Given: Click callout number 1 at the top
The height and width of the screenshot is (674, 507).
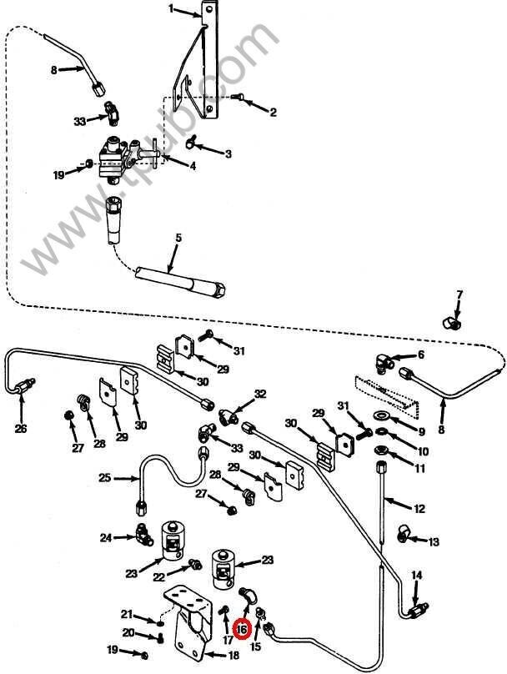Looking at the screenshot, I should pos(171,9).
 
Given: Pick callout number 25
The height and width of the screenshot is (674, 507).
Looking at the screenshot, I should pos(104,478).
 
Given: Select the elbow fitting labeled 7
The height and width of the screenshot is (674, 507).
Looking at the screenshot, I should pos(451,322).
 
